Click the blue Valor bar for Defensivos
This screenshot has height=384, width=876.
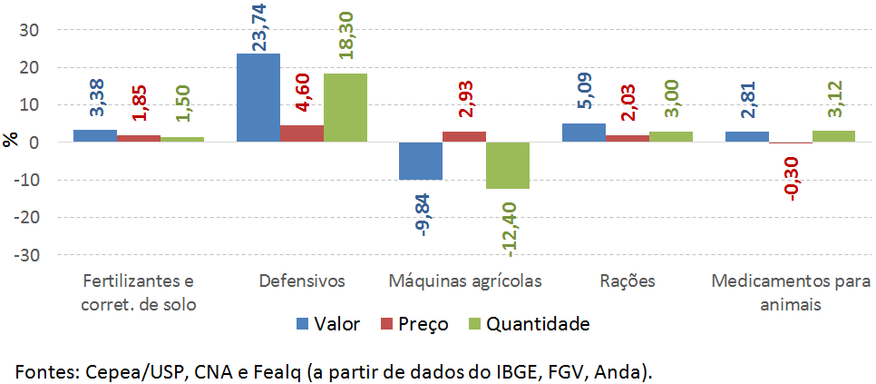pyautogui.click(x=258, y=97)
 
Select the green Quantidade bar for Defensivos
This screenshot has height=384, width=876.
pyautogui.click(x=346, y=107)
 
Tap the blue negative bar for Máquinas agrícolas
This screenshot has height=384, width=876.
pyautogui.click(x=421, y=161)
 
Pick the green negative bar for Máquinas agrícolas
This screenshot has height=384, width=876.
pyautogui.click(x=508, y=165)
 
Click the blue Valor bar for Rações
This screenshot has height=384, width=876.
pyautogui.click(x=584, y=133)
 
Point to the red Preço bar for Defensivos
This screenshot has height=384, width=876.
pyautogui.click(x=302, y=133)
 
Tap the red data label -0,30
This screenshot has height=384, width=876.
pyautogui.click(x=791, y=175)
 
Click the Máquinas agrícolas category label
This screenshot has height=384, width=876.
pyautogui.click(x=464, y=281)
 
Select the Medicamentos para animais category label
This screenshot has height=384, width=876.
pyautogui.click(x=791, y=292)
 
